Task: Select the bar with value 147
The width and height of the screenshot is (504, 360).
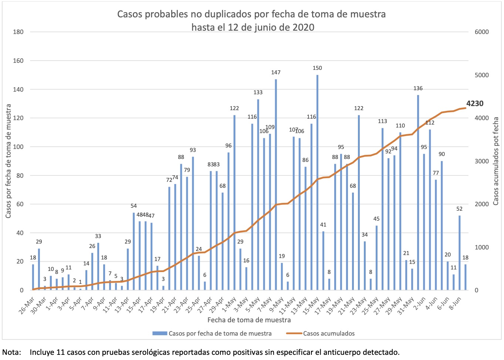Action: [x=276, y=185]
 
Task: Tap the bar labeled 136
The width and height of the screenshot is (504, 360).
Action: [x=418, y=192]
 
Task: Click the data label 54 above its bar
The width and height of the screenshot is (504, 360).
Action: [x=133, y=206]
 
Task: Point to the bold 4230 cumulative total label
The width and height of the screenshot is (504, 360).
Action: [x=475, y=104]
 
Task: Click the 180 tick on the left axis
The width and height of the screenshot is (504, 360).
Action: [x=18, y=32]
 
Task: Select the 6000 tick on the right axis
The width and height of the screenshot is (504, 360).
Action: [x=481, y=32]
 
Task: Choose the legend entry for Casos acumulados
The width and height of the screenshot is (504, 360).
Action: [x=329, y=333]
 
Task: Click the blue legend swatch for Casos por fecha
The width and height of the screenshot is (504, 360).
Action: [x=159, y=333]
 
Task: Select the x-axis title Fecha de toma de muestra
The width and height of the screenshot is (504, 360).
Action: [x=249, y=320]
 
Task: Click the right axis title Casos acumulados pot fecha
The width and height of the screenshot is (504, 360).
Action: [x=496, y=161]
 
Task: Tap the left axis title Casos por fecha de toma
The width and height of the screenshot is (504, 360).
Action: [x=9, y=161]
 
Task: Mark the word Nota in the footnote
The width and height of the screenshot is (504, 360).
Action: [x=11, y=352]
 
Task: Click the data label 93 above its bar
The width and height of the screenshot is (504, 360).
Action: [x=193, y=150]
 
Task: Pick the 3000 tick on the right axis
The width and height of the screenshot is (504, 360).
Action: [x=481, y=161]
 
